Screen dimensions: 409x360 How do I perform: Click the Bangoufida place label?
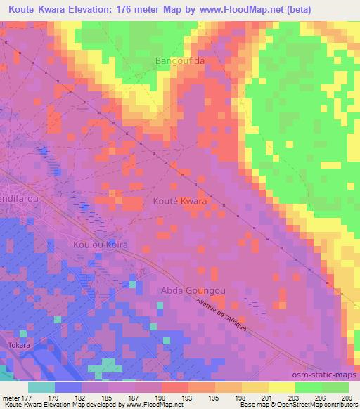(x=179, y=62)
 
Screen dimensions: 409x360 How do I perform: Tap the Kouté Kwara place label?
(x=180, y=201)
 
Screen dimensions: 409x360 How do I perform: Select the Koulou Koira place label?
(x=99, y=244)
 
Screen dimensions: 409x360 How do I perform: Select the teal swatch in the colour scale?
(x=41, y=387)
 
